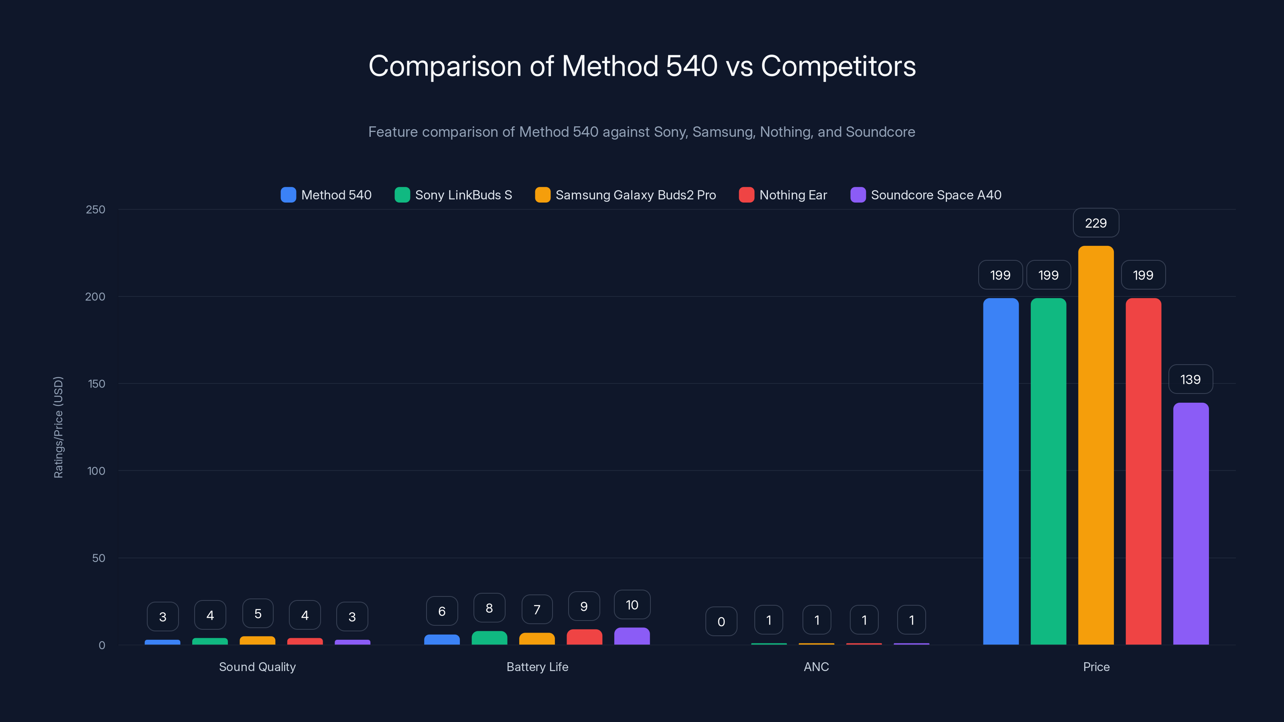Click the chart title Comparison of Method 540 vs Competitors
(x=642, y=66)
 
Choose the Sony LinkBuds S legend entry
(x=453, y=195)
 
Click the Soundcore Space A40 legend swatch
(x=858, y=195)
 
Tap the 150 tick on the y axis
(x=96, y=384)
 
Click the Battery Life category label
(x=537, y=667)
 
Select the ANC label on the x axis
(x=816, y=667)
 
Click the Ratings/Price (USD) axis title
(x=58, y=427)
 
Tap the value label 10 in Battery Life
(x=632, y=605)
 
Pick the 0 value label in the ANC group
(x=721, y=621)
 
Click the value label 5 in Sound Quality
(x=258, y=613)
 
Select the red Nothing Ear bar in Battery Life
(x=584, y=637)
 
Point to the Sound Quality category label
(x=257, y=667)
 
